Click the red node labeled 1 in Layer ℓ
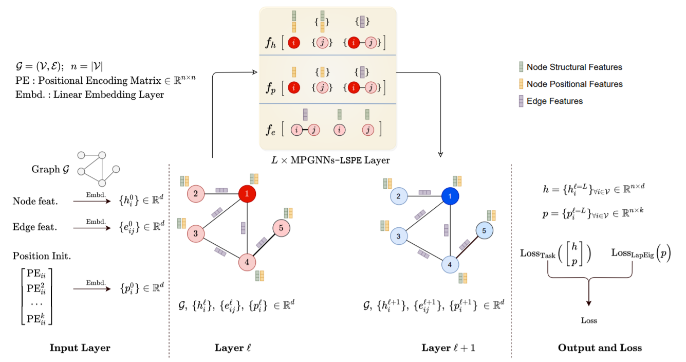(247, 193)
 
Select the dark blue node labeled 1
(450, 196)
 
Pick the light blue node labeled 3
(398, 237)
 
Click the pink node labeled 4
(247, 262)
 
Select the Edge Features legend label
(554, 101)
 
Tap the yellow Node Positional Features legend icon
(521, 84)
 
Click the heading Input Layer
(80, 348)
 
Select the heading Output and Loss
(600, 348)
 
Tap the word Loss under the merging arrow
(589, 321)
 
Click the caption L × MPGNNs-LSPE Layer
(330, 160)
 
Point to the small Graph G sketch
(98, 169)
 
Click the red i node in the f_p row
(293, 87)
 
